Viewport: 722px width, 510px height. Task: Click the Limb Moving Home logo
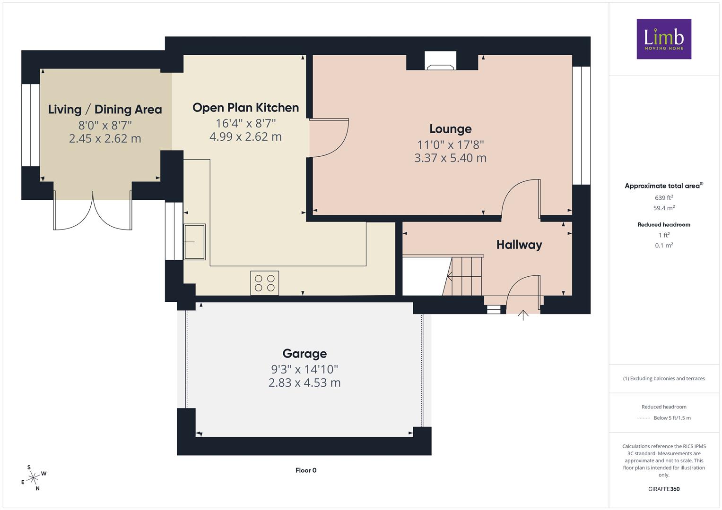pos(664,39)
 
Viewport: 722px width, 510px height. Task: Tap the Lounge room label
pos(450,129)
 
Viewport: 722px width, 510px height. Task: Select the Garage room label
pos(304,354)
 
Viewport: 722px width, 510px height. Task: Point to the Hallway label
pos(519,245)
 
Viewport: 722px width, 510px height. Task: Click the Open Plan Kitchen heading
pos(245,108)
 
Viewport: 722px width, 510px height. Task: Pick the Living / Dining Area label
pos(105,110)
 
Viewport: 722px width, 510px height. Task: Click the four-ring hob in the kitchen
pos(265,283)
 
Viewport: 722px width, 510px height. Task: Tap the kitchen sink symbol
pos(194,242)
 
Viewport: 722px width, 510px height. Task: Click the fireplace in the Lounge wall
pos(440,60)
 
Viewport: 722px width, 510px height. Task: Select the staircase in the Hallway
pos(462,276)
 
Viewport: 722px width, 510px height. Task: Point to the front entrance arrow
pos(523,315)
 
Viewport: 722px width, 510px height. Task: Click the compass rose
pos(33,478)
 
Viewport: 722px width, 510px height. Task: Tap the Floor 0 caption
pos(306,470)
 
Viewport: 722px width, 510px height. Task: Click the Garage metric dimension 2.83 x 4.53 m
pos(304,382)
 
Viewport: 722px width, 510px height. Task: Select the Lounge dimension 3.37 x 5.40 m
pos(450,158)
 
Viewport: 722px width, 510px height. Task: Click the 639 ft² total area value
pos(664,198)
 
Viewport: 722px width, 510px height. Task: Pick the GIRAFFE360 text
pos(664,489)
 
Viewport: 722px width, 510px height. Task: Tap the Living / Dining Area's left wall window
pos(31,125)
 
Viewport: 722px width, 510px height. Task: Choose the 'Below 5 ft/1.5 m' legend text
pos(672,418)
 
